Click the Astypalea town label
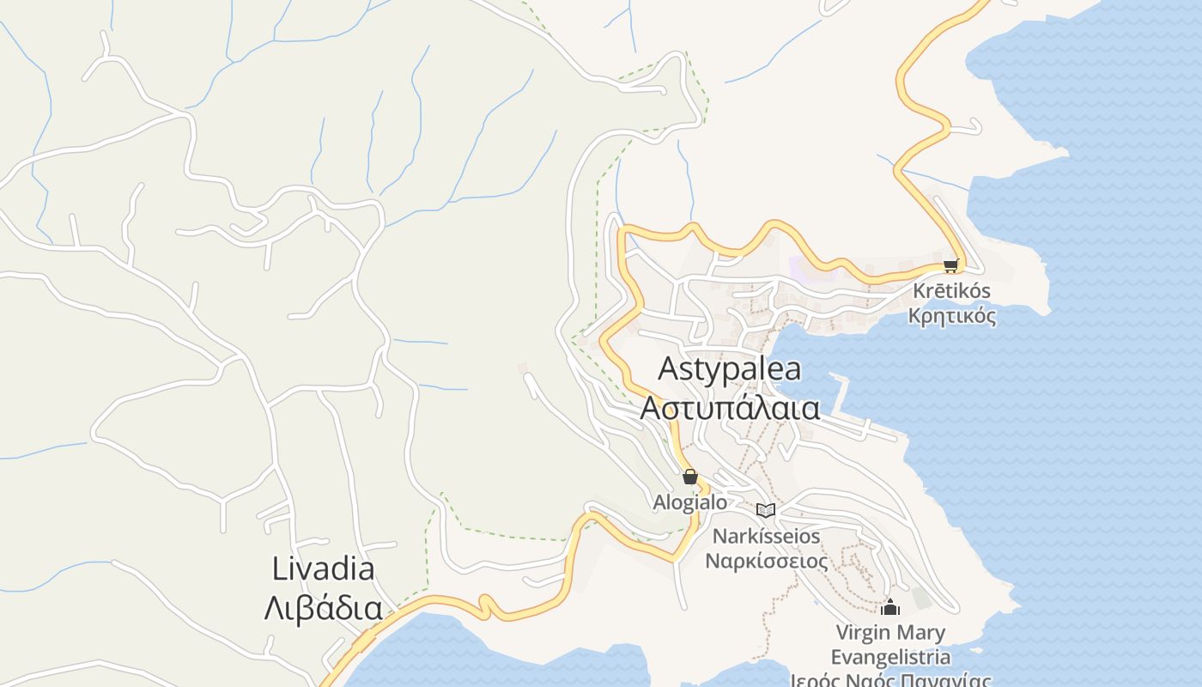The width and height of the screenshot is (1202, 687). pos(729,368)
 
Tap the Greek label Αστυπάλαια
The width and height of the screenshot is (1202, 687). pos(730,408)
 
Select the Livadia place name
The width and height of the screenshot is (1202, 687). pos(323,568)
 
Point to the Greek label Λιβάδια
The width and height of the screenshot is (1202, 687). pos(323,608)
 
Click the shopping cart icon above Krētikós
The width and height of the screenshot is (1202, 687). pos(950,266)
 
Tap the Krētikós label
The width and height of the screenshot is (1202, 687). pos(951,291)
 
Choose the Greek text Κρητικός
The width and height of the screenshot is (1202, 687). pos(952,316)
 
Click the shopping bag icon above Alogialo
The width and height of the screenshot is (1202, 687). pos(689,477)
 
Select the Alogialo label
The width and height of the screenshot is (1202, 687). pos(689,502)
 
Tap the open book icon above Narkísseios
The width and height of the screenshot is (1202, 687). pos(765,510)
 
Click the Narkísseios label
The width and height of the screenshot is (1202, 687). pos(767,537)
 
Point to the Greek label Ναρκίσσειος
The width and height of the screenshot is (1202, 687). pos(767,562)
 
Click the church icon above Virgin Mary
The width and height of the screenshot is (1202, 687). pos(890,607)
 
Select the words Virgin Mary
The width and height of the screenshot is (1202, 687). pos(890,634)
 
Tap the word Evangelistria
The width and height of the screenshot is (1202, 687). pos(890,658)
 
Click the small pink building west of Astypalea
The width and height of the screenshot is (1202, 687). pos(522,368)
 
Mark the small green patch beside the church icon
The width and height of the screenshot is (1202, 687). pos(921,597)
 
